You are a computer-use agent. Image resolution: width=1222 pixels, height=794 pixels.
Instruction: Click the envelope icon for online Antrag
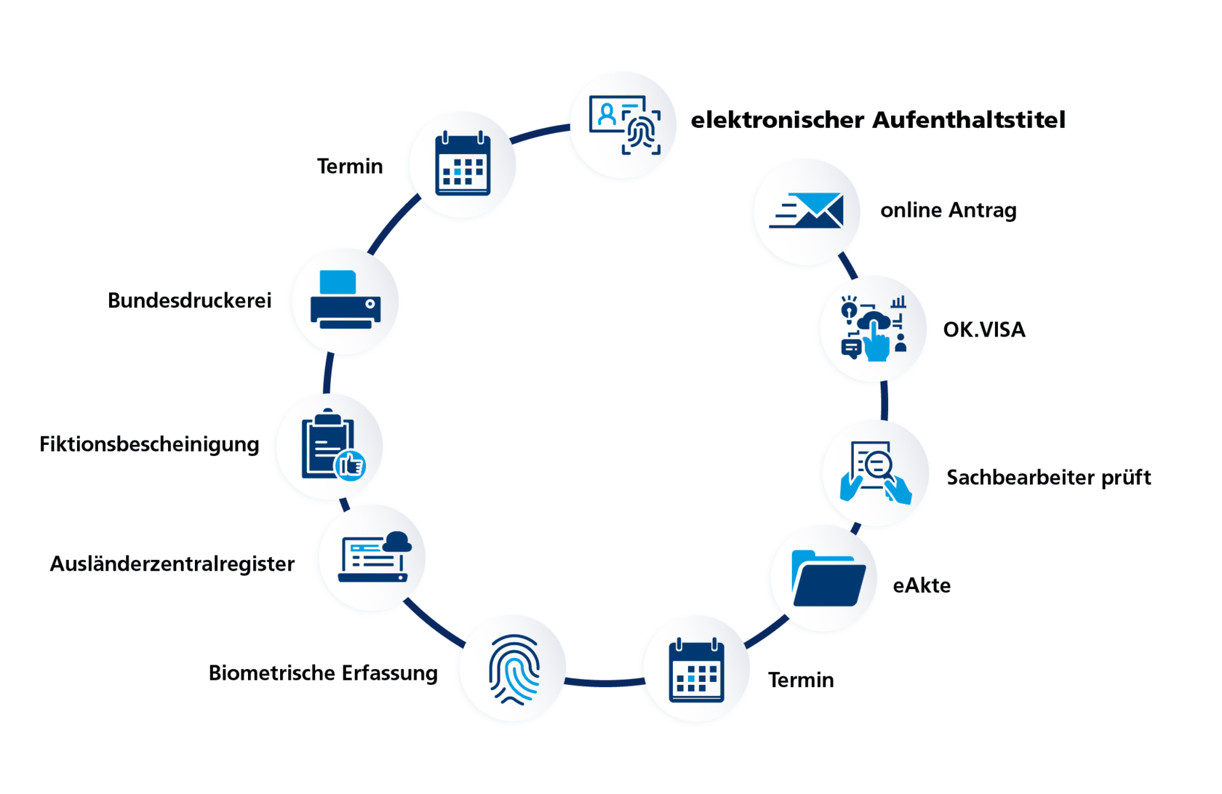click(807, 211)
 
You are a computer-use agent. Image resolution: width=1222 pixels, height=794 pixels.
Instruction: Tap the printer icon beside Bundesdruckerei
click(346, 300)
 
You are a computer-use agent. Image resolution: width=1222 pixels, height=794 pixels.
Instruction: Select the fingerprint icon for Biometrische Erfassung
click(514, 669)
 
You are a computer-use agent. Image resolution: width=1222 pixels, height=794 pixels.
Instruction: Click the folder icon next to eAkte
click(828, 580)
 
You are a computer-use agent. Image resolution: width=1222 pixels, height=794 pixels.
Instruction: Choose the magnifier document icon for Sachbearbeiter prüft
click(876, 472)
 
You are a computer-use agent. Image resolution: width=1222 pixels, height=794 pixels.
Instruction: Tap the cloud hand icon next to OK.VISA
click(874, 328)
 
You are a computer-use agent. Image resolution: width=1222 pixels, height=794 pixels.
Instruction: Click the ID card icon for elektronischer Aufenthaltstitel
click(624, 124)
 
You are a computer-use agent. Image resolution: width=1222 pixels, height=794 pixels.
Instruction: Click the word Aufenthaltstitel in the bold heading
click(969, 120)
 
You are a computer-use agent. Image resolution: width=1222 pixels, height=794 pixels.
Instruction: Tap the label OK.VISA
click(983, 330)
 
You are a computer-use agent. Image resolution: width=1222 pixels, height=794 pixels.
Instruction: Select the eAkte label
click(922, 585)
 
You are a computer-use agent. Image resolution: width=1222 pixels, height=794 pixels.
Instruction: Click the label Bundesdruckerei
click(189, 300)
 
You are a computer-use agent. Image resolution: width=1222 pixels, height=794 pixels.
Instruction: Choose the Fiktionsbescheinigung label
click(149, 444)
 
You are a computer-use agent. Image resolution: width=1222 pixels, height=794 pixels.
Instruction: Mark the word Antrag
click(983, 211)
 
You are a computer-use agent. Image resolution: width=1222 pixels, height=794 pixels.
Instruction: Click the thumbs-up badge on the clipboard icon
click(351, 465)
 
